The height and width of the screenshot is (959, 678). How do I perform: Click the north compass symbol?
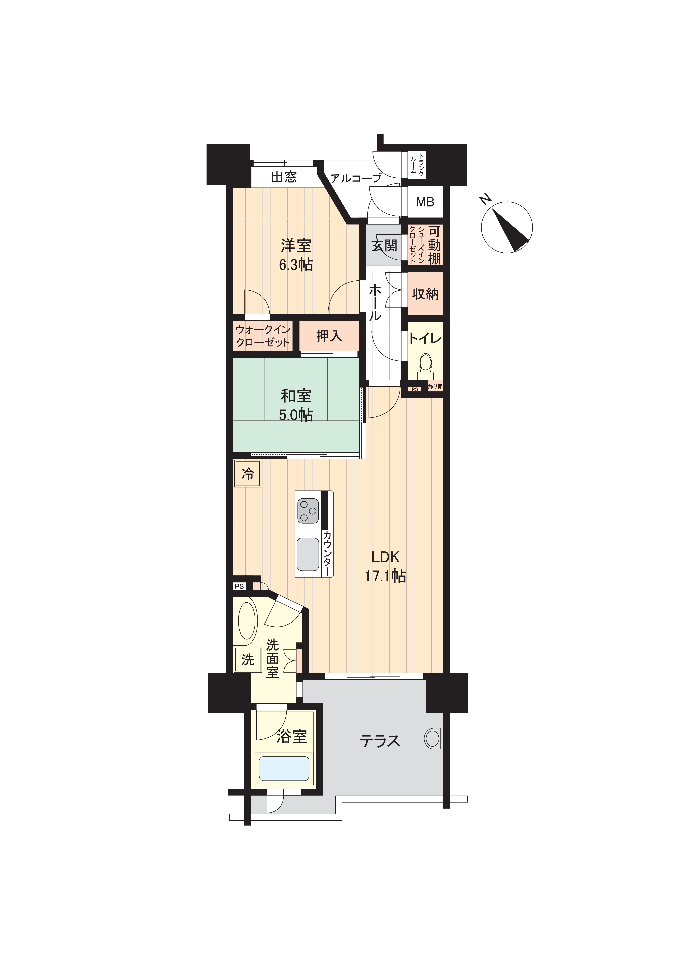(507, 227)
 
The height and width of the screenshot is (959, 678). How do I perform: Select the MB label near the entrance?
(425, 202)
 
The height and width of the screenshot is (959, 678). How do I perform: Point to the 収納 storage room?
(425, 294)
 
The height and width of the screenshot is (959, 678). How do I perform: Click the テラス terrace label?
(380, 741)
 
